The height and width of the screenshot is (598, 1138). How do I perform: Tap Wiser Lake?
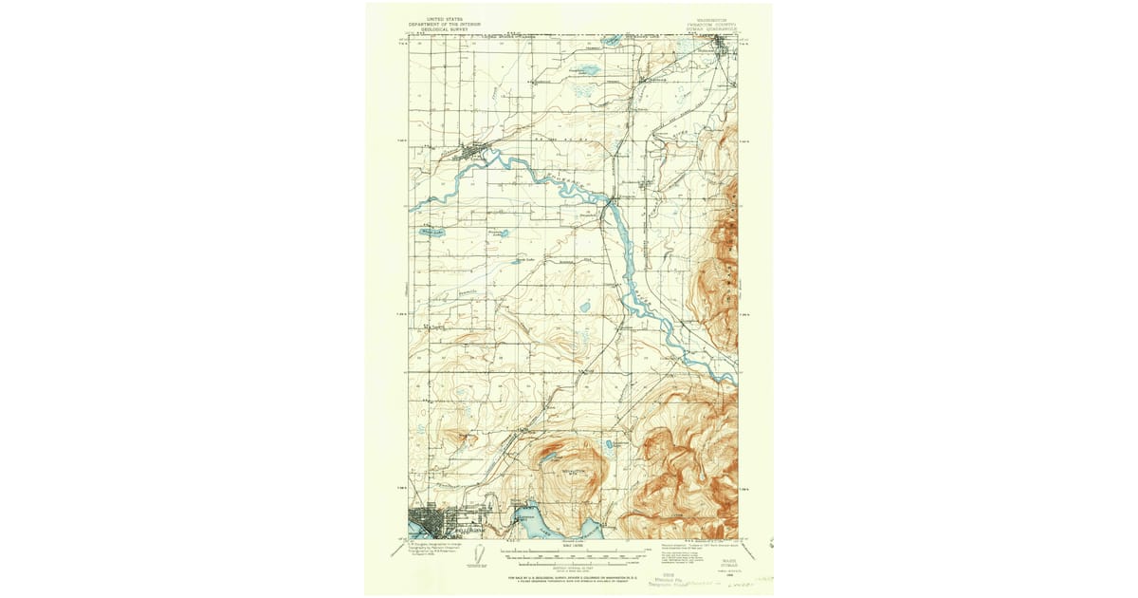pos(431,231)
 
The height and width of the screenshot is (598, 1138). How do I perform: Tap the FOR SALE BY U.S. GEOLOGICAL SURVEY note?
pos(569,576)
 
